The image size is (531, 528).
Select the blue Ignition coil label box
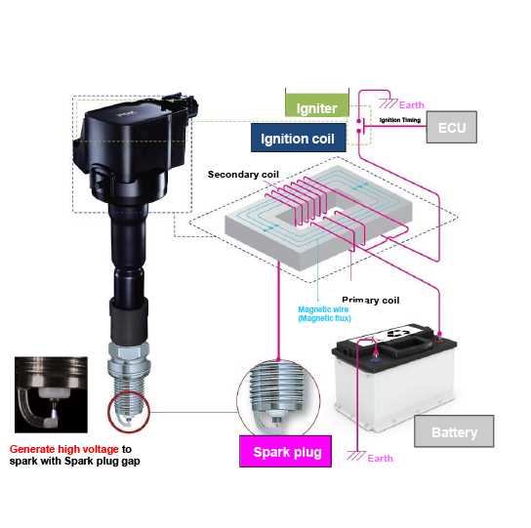pos(299,138)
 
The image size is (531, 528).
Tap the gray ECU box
pos(451,127)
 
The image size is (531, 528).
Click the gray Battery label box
pos(454,431)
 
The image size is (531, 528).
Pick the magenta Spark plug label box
pos(285,452)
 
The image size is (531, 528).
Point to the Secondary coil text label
pos(243,175)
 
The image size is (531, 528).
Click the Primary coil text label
pos(371,300)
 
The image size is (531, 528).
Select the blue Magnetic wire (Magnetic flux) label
pos(324,313)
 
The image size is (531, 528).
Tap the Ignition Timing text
pos(400,120)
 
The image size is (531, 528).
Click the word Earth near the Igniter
pos(412,105)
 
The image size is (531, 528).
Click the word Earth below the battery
pos(380,459)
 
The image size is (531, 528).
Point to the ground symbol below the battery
pos(356,456)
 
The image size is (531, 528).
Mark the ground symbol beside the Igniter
pos(388,102)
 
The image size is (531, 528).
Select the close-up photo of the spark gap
pos(51,394)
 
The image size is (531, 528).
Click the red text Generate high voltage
pos(64,449)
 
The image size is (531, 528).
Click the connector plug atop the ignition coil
pos(180,103)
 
